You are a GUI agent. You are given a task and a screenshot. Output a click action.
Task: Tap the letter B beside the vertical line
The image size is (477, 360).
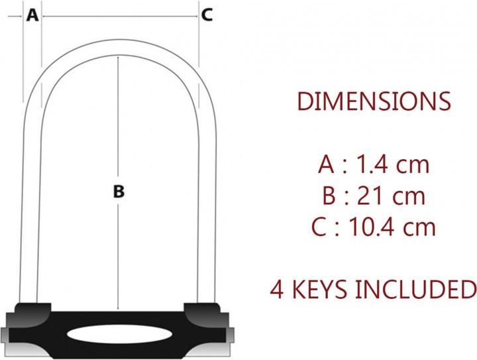119,192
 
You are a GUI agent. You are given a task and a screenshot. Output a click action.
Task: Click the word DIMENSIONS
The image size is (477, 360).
374,101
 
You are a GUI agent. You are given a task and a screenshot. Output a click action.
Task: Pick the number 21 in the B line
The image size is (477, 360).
372,196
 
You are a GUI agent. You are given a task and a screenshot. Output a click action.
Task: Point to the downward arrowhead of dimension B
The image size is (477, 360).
119,309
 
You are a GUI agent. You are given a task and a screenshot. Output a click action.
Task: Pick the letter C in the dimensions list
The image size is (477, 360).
320,227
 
